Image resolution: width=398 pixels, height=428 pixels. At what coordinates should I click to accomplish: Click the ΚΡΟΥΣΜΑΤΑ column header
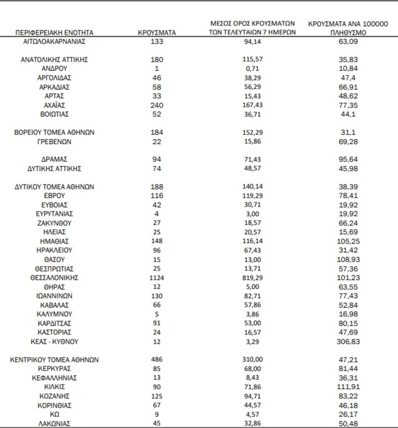[156, 33]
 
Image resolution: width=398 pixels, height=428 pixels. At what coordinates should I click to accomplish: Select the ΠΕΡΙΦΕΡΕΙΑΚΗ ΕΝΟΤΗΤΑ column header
[54, 33]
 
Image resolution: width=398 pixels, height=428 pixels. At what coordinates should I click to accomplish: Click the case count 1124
[156, 277]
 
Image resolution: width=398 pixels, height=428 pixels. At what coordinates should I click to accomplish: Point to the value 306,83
[348, 342]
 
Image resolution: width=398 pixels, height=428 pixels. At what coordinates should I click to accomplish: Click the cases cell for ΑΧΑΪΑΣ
[156, 105]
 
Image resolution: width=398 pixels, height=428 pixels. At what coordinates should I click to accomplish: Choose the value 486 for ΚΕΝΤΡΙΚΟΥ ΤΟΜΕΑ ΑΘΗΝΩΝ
[156, 359]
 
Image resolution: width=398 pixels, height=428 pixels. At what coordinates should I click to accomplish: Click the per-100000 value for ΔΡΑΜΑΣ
[348, 159]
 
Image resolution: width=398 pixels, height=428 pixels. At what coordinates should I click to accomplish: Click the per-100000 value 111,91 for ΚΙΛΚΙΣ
[348, 386]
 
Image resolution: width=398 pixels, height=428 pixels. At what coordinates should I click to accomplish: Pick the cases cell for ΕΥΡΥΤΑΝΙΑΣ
[156, 214]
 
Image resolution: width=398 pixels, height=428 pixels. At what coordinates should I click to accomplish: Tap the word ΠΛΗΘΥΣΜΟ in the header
[348, 33]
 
